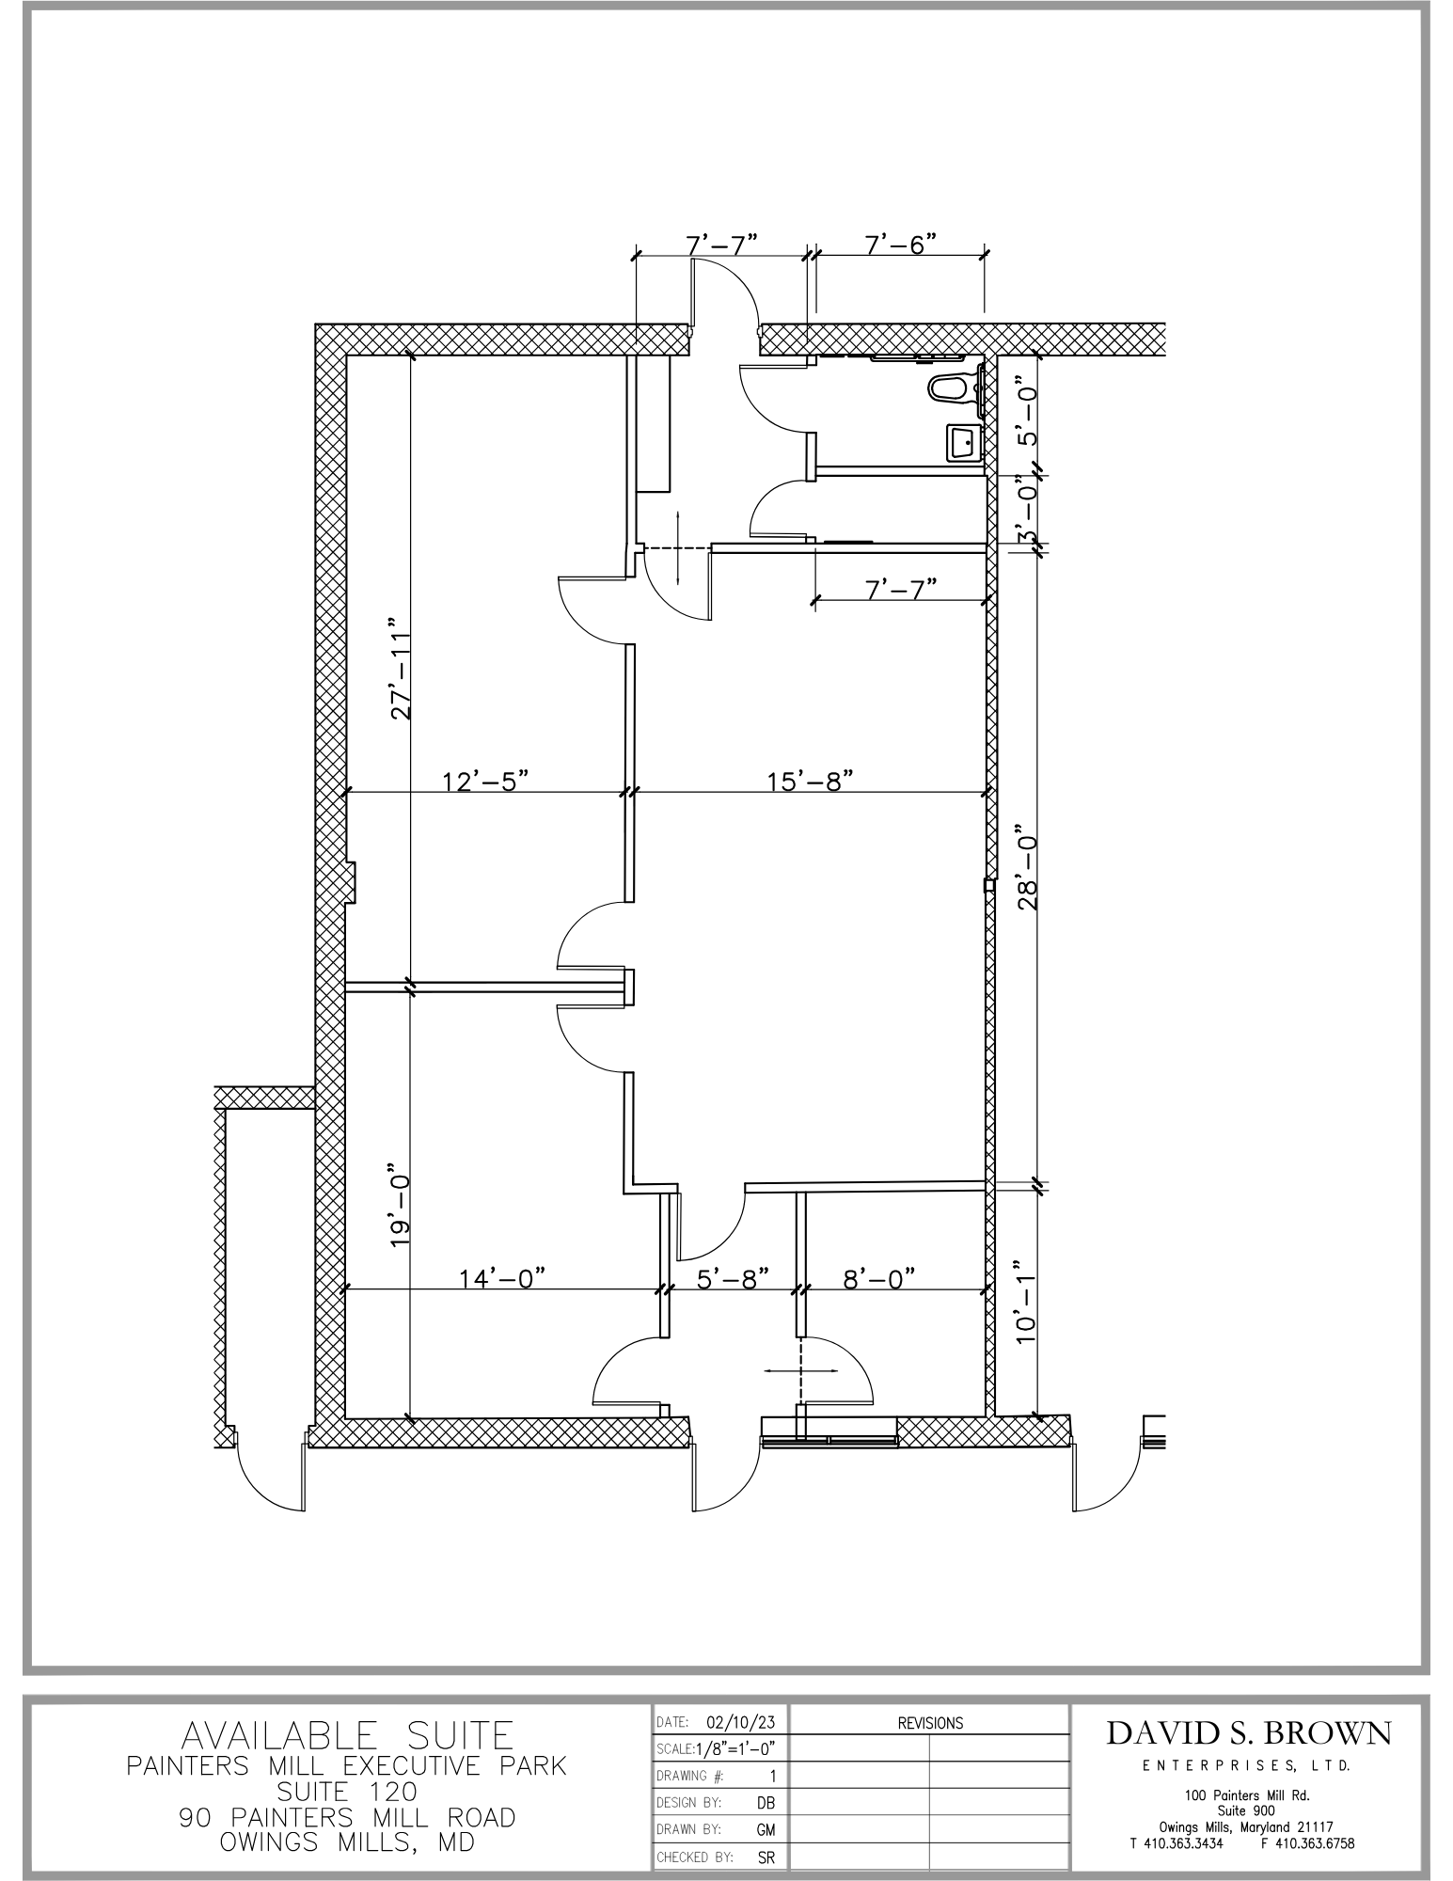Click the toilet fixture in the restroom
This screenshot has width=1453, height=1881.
coord(954,387)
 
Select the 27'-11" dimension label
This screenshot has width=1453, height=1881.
coord(402,669)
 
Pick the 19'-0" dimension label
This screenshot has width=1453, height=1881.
coord(402,1210)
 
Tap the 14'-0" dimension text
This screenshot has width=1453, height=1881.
coord(502,1278)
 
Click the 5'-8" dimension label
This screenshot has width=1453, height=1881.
coord(734,1278)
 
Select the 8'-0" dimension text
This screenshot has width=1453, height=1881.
coord(879,1278)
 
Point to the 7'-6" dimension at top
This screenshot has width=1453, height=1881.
coord(901,245)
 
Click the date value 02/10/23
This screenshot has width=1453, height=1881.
coord(741,1722)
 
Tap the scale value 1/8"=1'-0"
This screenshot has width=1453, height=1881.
coord(734,1749)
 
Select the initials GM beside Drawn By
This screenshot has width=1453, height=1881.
coord(766,1830)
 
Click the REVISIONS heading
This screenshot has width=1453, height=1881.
coord(930,1723)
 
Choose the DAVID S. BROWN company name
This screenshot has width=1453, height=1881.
coord(1249,1732)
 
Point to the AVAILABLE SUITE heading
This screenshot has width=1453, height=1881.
coord(347,1735)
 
